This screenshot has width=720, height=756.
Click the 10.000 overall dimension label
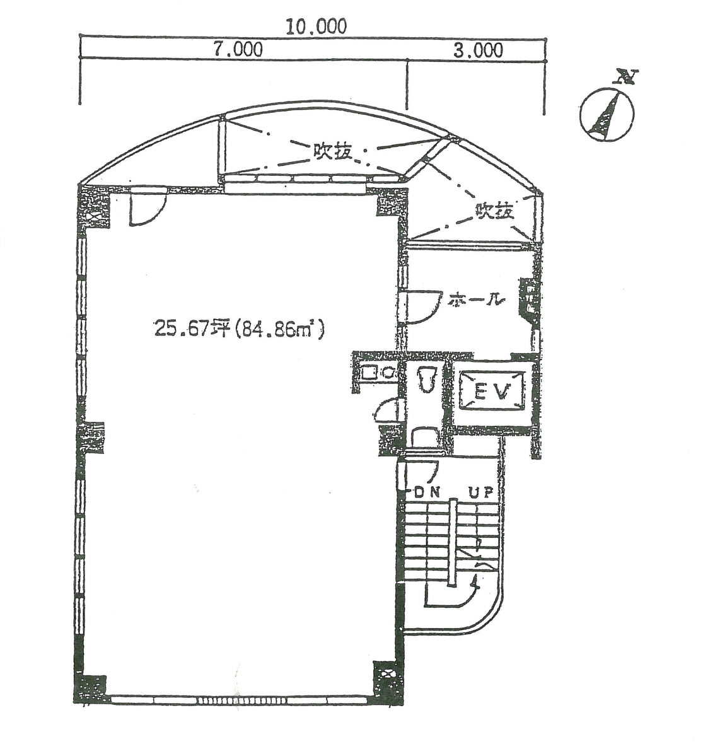(316, 26)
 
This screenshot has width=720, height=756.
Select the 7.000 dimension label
(238, 49)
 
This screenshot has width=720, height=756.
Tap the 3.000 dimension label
(478, 50)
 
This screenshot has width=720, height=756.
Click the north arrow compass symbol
(607, 110)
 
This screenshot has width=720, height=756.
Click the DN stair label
(427, 492)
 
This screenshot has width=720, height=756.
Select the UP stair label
(482, 492)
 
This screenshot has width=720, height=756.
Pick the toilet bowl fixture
(427, 380)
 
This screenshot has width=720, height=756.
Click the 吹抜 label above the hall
(494, 211)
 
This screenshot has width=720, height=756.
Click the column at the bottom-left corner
(90, 688)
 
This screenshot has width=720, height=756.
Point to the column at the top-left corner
(93, 208)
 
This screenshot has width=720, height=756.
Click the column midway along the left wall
(91, 438)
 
